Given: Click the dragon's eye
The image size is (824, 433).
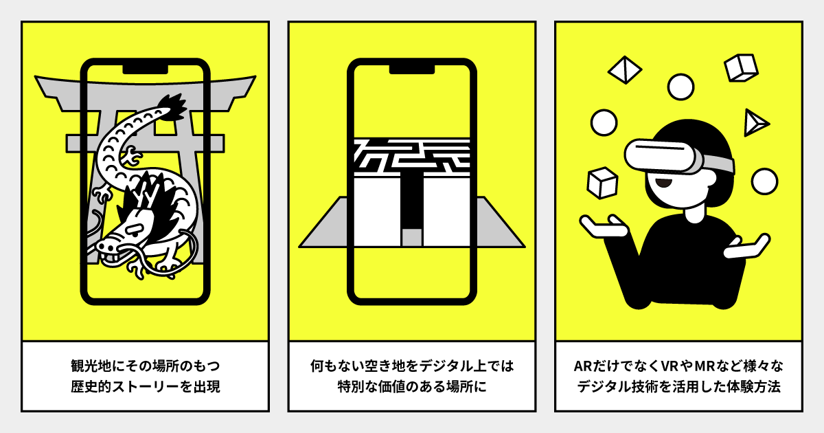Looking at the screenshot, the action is pyautogui.click(x=134, y=231).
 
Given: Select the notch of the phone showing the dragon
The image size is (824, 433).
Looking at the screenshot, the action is pyautogui.click(x=146, y=69).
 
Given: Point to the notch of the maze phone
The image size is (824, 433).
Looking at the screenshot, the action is pyautogui.click(x=412, y=69).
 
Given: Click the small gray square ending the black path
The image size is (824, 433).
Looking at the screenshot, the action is pyautogui.click(x=411, y=237).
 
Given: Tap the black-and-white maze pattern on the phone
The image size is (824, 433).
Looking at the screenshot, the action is pyautogui.click(x=412, y=156).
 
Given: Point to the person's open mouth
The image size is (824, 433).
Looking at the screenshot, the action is pyautogui.click(x=663, y=182).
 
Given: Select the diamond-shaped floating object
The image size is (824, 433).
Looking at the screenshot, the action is pyautogui.click(x=625, y=70).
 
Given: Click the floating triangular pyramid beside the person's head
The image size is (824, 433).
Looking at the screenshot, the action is pyautogui.click(x=755, y=122).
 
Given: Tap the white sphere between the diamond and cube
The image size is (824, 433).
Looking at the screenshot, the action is pyautogui.click(x=680, y=87).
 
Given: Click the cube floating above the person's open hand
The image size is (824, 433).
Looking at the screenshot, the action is pyautogui.click(x=602, y=183).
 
